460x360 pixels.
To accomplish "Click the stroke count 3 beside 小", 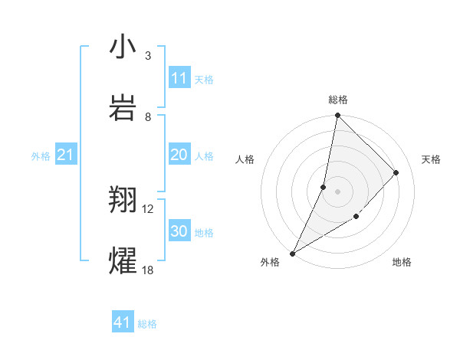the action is pos(147,56).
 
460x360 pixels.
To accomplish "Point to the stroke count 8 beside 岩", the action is pos(147,116).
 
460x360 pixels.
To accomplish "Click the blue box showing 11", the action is pos(179,78).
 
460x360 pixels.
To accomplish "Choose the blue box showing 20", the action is pos(179,155).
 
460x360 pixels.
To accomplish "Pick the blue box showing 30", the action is pos(179,231).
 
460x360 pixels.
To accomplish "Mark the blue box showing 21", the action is pos(66,155).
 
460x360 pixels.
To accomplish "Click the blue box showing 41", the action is pos(123,322).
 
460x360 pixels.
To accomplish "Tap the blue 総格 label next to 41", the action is pos(147,324).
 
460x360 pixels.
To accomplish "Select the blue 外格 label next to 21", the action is pos(41,156).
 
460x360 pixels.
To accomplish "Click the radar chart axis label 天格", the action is pos(431,159).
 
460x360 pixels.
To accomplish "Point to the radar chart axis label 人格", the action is pos(245,159).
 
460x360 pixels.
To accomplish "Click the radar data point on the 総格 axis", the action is pos(337,116).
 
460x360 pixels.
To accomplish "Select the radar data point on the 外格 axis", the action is pos(293,253).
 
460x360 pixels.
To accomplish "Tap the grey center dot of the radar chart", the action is pos(337,191).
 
